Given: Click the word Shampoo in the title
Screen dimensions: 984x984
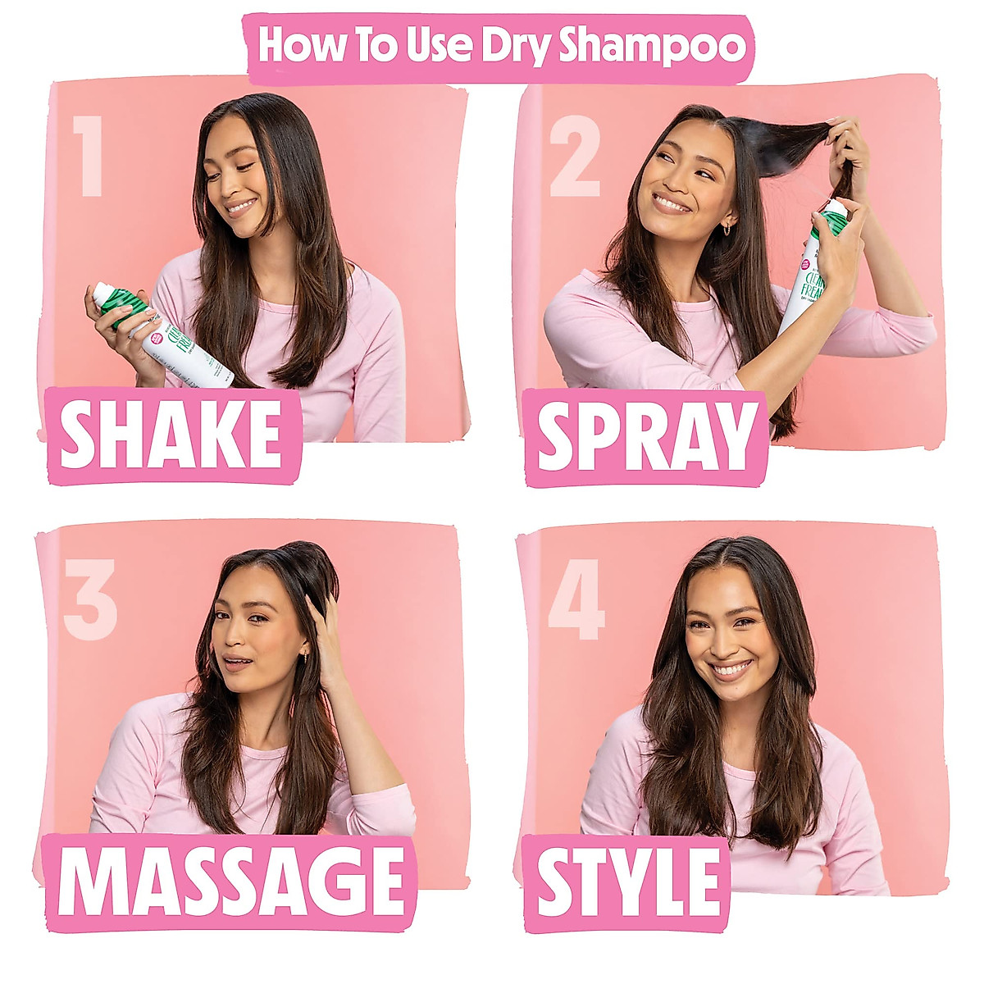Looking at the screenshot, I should tap(653, 48).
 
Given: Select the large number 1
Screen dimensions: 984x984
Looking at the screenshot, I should tap(88, 156).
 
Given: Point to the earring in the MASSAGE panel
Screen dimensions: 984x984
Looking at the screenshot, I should tap(305, 656).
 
